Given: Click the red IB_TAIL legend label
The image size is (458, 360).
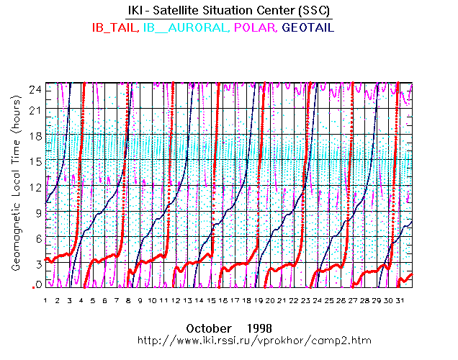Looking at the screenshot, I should pos(115,27).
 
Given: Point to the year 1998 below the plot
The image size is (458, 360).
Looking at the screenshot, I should pos(258,328).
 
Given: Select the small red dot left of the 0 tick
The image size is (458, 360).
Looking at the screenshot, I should pos(32,287).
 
